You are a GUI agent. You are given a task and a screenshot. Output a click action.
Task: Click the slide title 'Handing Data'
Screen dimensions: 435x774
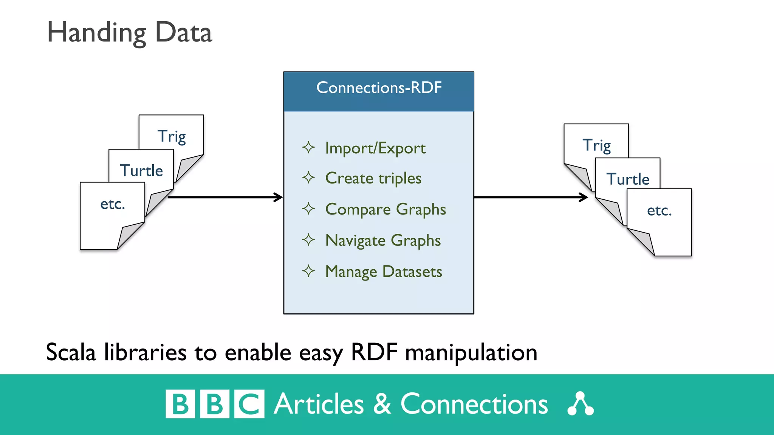click(129, 33)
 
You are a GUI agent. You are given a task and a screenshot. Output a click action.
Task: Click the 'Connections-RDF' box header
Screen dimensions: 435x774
click(379, 88)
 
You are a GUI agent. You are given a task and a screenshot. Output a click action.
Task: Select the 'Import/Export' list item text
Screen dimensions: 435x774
click(375, 148)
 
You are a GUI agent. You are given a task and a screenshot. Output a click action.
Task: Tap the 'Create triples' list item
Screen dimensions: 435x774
click(373, 178)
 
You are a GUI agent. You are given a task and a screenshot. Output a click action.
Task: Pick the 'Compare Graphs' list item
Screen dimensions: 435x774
click(385, 209)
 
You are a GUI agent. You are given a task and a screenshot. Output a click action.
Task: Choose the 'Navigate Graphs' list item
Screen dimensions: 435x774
click(383, 241)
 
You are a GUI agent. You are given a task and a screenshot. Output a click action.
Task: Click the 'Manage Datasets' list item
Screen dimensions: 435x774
click(383, 271)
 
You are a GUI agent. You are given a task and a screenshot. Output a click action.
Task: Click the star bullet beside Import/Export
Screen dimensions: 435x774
click(308, 147)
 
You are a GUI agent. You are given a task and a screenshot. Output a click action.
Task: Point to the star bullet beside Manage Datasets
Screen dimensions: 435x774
click(308, 271)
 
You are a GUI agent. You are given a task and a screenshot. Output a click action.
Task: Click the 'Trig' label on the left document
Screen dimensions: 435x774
click(172, 136)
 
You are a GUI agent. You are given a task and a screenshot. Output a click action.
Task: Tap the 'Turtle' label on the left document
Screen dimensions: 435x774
click(141, 171)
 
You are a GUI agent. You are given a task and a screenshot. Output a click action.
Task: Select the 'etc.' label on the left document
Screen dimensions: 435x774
click(112, 204)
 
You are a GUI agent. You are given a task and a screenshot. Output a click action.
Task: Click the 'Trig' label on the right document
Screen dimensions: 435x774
click(596, 145)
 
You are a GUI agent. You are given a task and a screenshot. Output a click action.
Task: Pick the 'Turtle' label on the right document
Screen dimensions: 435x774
click(628, 179)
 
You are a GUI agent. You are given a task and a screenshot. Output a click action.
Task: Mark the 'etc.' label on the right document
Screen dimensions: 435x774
click(659, 211)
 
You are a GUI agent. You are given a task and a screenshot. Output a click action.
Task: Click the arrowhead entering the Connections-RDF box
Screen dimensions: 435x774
click(279, 197)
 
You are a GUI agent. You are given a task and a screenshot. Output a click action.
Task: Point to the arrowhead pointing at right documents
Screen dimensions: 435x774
click(584, 197)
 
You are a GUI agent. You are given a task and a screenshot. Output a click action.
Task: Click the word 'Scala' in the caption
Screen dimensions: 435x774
click(71, 352)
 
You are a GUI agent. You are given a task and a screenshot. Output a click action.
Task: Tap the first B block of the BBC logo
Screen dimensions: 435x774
click(180, 404)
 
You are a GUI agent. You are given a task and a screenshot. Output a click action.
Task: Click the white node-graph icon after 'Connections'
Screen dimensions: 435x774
click(580, 404)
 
